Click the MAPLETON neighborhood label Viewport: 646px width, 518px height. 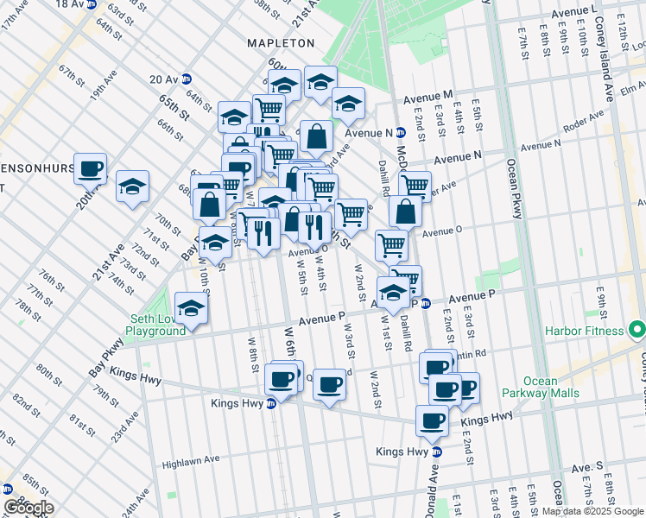pos(281,42)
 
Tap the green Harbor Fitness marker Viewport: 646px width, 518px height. pos(638,331)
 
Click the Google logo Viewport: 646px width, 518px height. pos(28,508)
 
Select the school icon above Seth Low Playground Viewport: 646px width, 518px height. pos(191,308)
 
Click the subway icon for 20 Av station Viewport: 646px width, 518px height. pos(187,79)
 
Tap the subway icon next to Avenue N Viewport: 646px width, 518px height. pos(401,133)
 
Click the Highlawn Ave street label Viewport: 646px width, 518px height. pos(191,460)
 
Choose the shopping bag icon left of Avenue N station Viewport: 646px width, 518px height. pos(317,136)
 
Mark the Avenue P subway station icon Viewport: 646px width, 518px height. pos(426,303)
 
